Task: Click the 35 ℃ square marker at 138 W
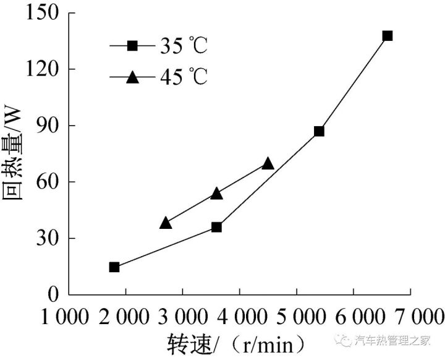tap(388, 36)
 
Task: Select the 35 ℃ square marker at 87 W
tap(319, 131)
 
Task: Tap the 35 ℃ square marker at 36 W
tap(216, 227)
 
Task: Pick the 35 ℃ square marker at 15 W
tap(114, 267)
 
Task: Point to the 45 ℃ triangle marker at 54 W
tap(216, 194)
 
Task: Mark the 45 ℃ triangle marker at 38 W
tap(166, 223)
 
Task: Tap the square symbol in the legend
tap(132, 46)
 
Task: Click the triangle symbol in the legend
tap(132, 77)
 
